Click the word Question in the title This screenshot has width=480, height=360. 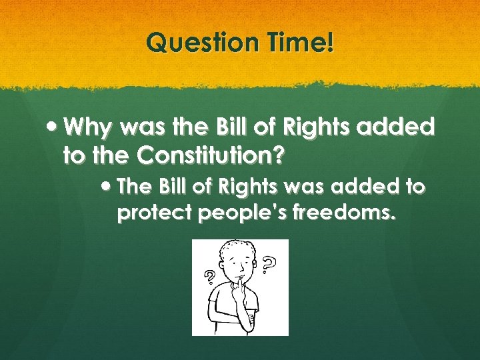click(195, 44)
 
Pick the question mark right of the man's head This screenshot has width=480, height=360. click(269, 265)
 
